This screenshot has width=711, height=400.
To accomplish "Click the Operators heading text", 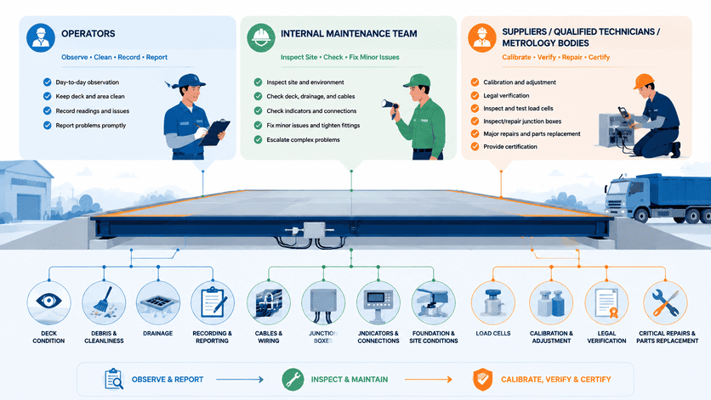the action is pyautogui.click(x=88, y=33).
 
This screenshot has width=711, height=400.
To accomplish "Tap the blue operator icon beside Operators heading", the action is pyautogui.click(x=41, y=37).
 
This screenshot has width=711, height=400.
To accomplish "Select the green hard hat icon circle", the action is pyautogui.click(x=261, y=37).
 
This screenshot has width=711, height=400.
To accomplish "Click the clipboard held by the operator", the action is pyautogui.click(x=214, y=132).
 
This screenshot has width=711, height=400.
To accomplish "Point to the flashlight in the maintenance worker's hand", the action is pyautogui.click(x=390, y=106).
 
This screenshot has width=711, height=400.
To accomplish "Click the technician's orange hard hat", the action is pyautogui.click(x=644, y=81).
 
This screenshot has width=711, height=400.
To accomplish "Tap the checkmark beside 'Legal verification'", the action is pyautogui.click(x=475, y=96).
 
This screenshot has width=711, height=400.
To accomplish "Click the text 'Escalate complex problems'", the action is pyautogui.click(x=303, y=140).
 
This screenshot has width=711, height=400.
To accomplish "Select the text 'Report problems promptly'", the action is pyautogui.click(x=91, y=126).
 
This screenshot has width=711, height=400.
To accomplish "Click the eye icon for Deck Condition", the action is pyautogui.click(x=48, y=301).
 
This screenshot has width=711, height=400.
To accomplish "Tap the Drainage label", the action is pyautogui.click(x=158, y=334).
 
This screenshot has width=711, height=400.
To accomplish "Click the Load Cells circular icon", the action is pyautogui.click(x=493, y=302).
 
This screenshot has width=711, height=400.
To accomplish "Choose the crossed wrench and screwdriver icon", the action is pyautogui.click(x=665, y=303).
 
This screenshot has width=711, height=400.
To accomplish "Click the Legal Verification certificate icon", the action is pyautogui.click(x=606, y=303).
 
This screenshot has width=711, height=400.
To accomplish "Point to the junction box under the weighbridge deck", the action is pyautogui.click(x=314, y=230).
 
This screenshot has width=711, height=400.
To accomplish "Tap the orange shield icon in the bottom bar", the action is pyautogui.click(x=482, y=379).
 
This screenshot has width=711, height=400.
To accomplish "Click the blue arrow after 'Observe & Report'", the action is pyautogui.click(x=240, y=380).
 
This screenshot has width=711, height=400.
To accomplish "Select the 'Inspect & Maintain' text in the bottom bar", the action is pyautogui.click(x=350, y=380).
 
